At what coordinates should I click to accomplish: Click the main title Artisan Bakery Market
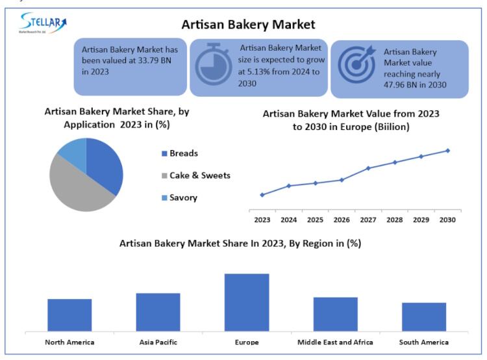(249, 25)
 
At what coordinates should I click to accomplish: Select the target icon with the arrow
(356, 64)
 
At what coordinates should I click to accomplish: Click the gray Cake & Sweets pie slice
(75, 185)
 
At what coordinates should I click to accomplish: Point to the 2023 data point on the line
(262, 195)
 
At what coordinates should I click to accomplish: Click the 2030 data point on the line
(448, 151)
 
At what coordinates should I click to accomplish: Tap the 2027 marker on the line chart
(368, 168)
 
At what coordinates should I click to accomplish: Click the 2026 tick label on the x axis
(342, 220)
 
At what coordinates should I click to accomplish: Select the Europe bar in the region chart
(247, 302)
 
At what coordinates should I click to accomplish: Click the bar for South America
(424, 316)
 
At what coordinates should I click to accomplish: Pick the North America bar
(69, 315)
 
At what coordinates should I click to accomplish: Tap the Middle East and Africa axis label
(335, 342)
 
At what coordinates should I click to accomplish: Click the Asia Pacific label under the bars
(158, 342)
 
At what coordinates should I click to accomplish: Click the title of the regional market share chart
(240, 244)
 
